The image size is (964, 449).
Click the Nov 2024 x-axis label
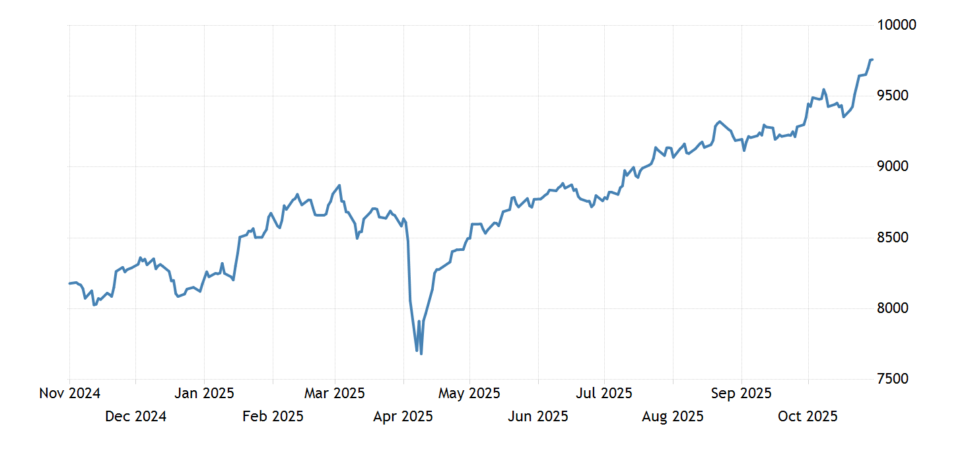[69, 394]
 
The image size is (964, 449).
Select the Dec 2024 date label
[135, 416]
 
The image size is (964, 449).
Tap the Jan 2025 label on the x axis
[204, 394]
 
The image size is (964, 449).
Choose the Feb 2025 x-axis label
[273, 416]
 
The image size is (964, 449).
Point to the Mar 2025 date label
[334, 394]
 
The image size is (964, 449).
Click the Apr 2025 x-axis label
[403, 416]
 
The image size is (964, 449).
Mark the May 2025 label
[469, 394]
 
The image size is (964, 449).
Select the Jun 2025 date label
[538, 416]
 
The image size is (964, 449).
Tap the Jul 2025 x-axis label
[604, 394]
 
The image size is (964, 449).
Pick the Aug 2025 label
[673, 416]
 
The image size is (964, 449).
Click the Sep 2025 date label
[741, 394]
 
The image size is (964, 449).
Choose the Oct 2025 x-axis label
[808, 416]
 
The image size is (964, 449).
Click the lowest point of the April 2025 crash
[421, 354]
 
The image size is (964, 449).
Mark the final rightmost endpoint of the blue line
[872, 59]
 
